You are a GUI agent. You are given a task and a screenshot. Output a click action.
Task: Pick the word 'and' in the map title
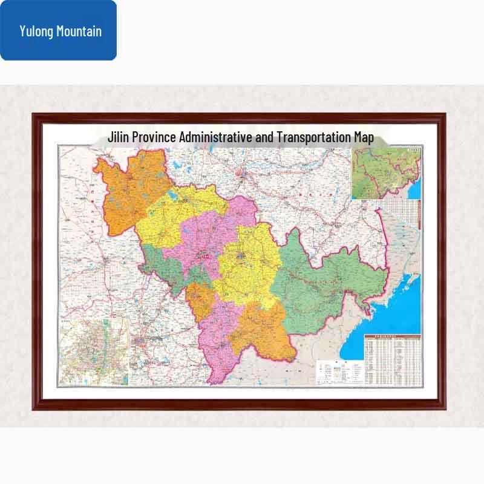point(264,137)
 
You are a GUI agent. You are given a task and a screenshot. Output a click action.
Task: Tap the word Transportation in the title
point(313,137)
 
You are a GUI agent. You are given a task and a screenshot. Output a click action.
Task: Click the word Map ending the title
point(364,137)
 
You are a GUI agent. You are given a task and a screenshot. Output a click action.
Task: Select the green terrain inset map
point(385,172)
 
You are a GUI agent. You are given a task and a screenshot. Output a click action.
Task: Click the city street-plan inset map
point(94,351)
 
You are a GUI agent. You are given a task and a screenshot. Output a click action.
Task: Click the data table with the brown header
point(392,359)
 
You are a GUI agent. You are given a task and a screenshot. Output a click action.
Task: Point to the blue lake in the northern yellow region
point(171,197)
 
